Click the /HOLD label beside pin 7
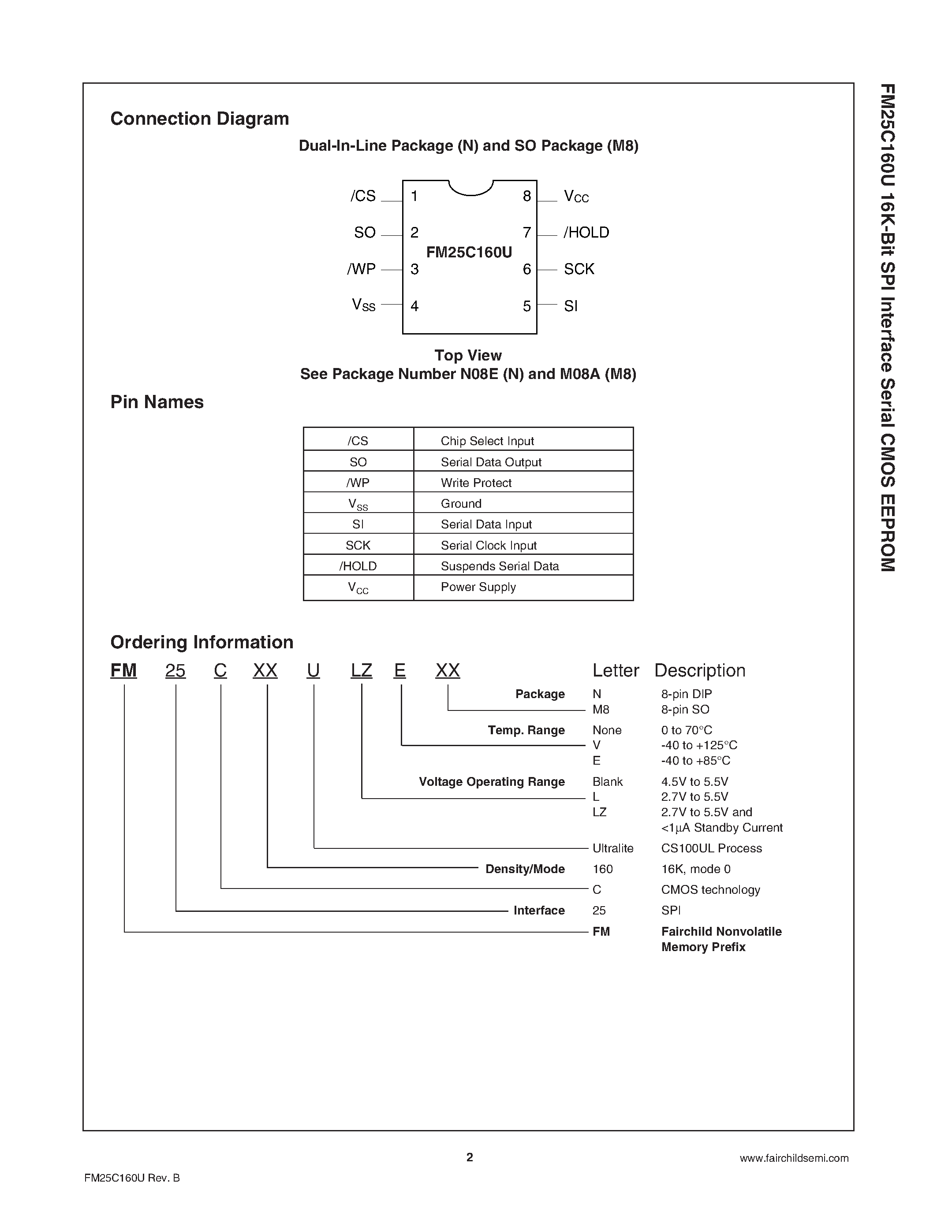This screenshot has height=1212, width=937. (586, 233)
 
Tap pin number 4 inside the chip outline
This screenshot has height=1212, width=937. (414, 306)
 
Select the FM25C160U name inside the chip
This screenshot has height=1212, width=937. (469, 253)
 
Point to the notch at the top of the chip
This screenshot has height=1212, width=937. (471, 189)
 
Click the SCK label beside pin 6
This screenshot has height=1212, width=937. (579, 269)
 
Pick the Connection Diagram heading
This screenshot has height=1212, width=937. (199, 119)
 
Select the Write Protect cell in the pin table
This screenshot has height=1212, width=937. (476, 483)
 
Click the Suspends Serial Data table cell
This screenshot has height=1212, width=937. (500, 566)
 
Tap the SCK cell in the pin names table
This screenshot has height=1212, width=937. (358, 546)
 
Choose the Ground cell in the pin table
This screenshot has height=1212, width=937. (461, 503)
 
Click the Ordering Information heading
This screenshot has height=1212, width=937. (202, 642)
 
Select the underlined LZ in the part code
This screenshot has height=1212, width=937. (362, 671)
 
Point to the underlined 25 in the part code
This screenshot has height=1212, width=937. (175, 671)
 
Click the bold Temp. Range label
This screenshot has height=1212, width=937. (526, 730)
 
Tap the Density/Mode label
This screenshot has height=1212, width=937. (525, 869)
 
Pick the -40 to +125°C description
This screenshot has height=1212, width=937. (699, 745)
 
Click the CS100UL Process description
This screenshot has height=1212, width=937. (711, 848)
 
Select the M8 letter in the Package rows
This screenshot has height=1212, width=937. (601, 709)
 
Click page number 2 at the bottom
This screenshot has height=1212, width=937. (470, 1157)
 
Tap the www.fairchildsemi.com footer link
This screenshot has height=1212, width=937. (794, 1158)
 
